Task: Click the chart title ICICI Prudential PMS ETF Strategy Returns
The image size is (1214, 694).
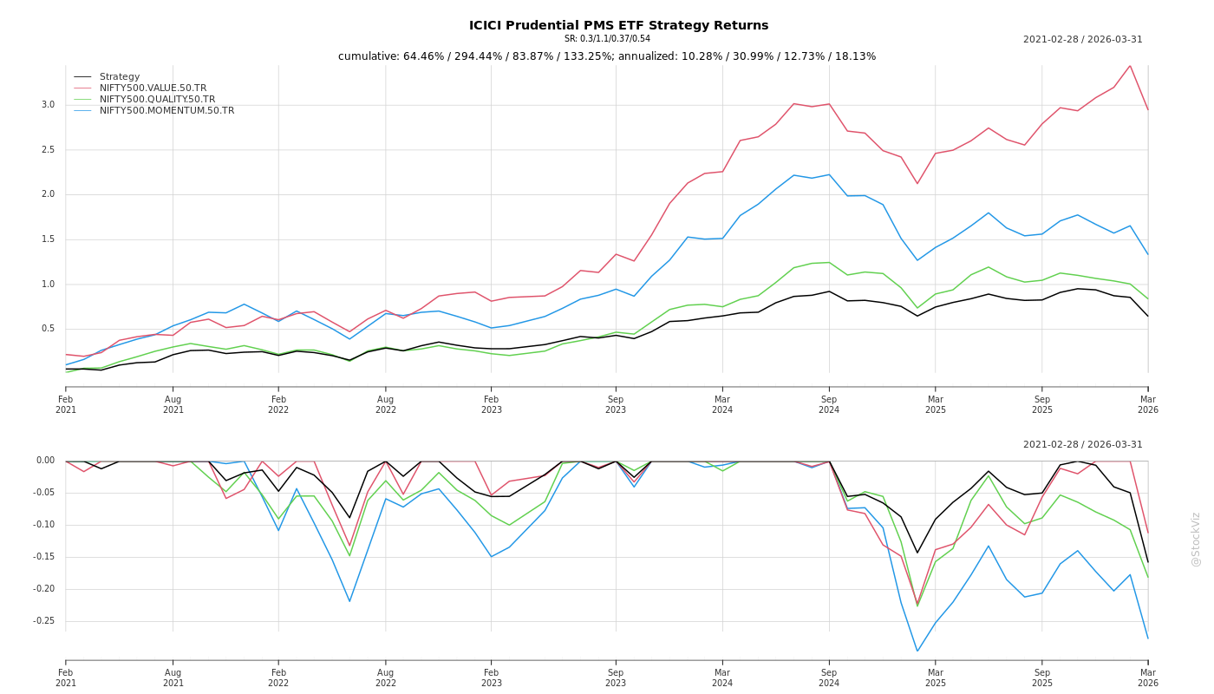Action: click(x=618, y=25)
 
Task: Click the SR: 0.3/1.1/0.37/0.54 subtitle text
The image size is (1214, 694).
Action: click(x=607, y=39)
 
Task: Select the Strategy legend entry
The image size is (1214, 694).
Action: click(x=120, y=77)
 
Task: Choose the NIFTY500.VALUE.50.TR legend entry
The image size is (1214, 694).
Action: click(x=153, y=88)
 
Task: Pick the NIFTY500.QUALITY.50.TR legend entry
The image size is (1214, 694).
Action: click(x=157, y=100)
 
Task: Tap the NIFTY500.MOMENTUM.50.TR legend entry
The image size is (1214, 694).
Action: click(x=166, y=111)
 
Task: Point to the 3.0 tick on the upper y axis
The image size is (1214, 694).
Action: click(x=48, y=105)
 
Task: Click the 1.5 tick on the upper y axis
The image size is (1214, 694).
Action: click(x=48, y=239)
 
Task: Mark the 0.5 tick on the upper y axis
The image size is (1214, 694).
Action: click(x=48, y=329)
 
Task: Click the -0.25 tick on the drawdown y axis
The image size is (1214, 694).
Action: click(x=43, y=621)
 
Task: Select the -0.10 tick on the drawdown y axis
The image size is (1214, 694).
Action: click(x=43, y=525)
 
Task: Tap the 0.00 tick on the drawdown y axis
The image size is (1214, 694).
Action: click(x=45, y=461)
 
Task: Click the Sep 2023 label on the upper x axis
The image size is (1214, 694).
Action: click(x=616, y=404)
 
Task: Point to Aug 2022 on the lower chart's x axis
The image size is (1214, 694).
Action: click(x=386, y=678)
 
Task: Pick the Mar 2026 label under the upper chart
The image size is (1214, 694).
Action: click(x=1148, y=404)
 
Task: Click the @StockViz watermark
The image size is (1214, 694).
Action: click(x=1196, y=539)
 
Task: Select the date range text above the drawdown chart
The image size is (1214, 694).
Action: click(x=1082, y=445)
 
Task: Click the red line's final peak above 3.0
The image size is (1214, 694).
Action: click(x=1130, y=65)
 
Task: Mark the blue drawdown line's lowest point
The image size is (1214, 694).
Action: click(x=917, y=651)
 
